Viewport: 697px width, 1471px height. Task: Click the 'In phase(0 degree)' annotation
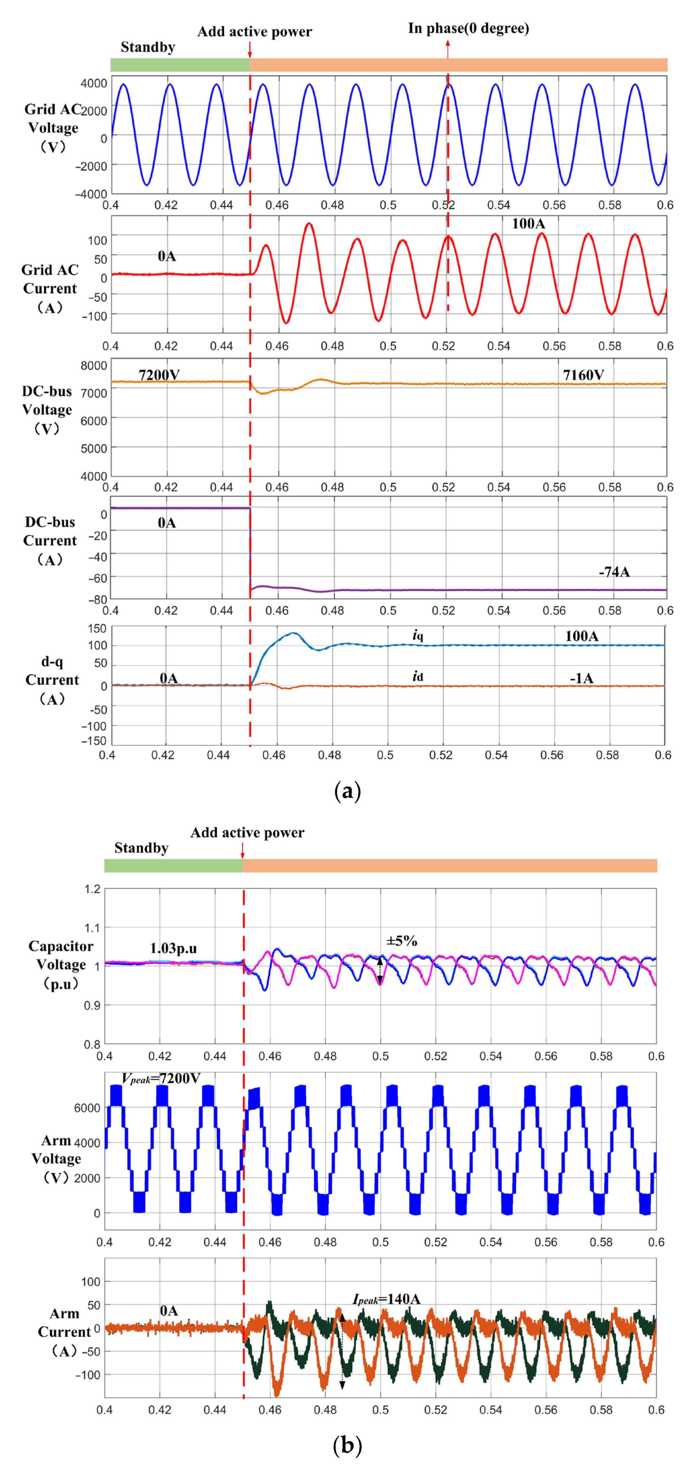coord(468,29)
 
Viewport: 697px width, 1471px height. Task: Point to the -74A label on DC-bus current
coord(614,572)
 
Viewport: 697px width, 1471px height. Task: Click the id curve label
coord(418,677)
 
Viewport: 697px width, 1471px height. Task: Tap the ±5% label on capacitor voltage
coord(401,940)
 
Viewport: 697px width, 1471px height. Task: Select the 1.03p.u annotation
coord(173,949)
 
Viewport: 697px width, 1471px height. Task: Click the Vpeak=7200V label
coord(161,1078)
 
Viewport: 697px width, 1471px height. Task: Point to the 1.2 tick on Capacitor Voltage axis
coord(92,889)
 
